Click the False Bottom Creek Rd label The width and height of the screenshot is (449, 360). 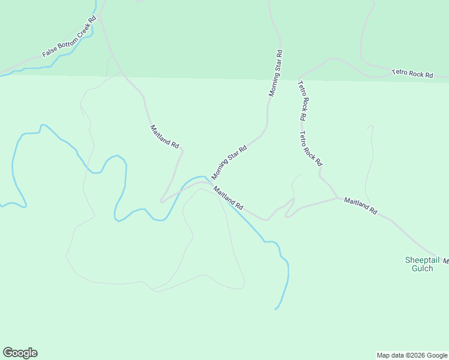point(69,37)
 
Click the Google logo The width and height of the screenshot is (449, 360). point(20,353)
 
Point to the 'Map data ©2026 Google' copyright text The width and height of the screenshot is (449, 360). point(412,355)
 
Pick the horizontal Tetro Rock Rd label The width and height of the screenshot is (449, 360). point(412,74)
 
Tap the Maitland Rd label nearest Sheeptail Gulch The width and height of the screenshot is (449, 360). point(360,206)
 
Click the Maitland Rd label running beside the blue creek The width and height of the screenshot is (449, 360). point(229,197)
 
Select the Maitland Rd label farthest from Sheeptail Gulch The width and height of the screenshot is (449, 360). point(164,137)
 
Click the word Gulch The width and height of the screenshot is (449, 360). point(423,268)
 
